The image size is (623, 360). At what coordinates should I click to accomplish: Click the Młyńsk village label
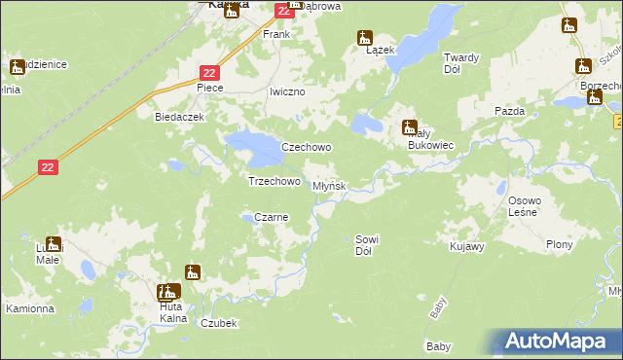click(329, 185)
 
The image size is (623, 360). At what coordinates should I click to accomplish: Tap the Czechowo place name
click(307, 147)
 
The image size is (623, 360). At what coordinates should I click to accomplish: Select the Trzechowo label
click(274, 181)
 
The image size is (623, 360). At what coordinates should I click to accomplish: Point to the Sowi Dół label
click(366, 244)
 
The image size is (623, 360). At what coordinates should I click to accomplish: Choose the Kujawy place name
click(467, 249)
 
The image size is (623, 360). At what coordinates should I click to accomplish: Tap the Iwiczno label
click(287, 91)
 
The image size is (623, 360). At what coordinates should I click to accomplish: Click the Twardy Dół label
click(461, 62)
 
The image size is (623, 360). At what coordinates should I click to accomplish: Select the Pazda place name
click(509, 111)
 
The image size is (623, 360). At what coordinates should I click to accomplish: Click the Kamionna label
click(29, 308)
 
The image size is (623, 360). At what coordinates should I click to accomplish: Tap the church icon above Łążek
click(365, 39)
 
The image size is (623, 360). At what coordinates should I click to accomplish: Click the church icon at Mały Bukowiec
click(410, 126)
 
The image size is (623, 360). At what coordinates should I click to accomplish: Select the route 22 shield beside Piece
click(211, 72)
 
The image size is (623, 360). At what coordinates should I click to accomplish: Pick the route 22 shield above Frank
click(282, 10)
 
